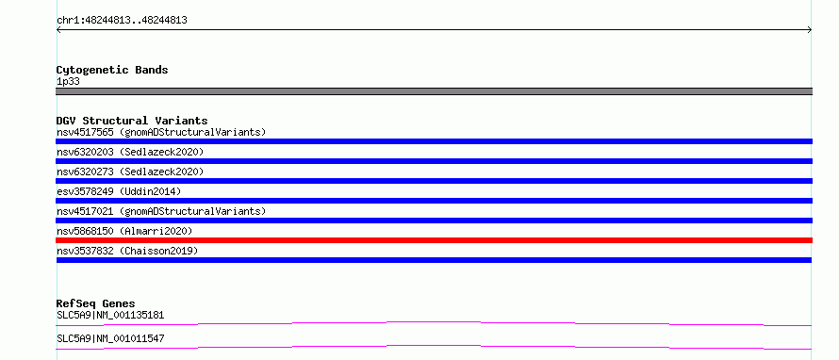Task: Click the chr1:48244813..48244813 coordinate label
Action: point(122,21)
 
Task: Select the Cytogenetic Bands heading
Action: point(112,70)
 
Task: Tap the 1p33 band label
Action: point(69,82)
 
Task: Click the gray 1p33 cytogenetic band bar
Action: point(434,91)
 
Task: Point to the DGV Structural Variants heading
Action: point(132,121)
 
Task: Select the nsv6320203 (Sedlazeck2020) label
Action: point(130,152)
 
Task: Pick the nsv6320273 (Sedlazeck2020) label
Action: point(130,172)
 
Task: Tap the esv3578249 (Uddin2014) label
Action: point(119,191)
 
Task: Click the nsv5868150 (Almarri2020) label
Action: point(124,231)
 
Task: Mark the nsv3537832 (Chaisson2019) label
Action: point(127,251)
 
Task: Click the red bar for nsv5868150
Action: point(434,240)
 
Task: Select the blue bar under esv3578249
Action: point(434,201)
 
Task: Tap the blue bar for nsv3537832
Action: point(434,260)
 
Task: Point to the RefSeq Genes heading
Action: point(96,303)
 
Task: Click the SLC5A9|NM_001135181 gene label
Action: point(110,315)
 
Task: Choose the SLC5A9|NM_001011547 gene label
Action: point(110,338)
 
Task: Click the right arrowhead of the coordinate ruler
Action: point(810,30)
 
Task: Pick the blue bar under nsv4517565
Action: point(434,141)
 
